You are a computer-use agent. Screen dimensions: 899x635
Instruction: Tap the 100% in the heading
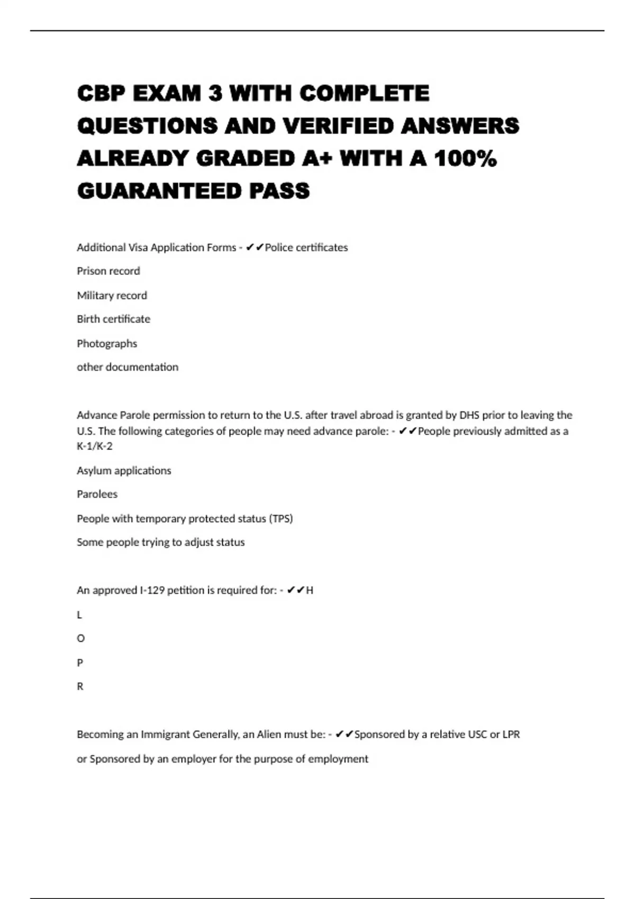click(465, 158)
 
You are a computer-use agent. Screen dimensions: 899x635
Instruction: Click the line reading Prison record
click(108, 271)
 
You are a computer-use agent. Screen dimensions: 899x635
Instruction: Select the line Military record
click(112, 295)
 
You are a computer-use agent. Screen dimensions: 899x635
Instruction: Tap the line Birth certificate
click(113, 319)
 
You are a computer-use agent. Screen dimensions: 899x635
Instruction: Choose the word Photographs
click(107, 343)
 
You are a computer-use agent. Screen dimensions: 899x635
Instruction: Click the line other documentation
click(128, 367)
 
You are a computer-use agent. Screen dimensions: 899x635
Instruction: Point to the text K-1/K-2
click(95, 446)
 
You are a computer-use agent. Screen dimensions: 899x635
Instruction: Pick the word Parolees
click(97, 494)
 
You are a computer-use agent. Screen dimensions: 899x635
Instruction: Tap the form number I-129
click(152, 590)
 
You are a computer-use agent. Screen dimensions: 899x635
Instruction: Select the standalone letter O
click(80, 638)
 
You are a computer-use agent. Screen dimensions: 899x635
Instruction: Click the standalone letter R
click(80, 686)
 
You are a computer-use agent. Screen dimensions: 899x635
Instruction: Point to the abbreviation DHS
click(469, 415)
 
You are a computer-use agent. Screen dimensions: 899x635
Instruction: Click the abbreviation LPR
click(511, 735)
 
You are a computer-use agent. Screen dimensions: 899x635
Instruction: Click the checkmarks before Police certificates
click(255, 247)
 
